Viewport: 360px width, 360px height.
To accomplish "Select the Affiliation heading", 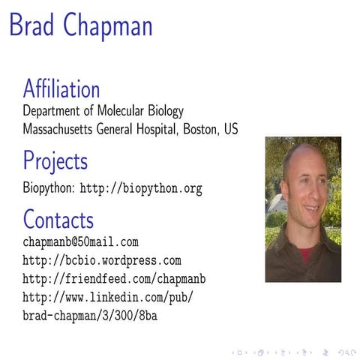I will tap(61, 89).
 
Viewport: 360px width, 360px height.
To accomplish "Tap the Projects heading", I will tap(55, 161).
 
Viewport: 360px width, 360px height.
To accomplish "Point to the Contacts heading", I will tap(58, 220).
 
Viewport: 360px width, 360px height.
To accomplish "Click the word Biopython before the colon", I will tap(49, 189).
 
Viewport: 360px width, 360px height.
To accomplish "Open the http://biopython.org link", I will tap(141, 189).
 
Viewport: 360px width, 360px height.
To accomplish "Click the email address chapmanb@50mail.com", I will tap(81, 242).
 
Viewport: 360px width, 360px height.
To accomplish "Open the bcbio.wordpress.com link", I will tap(102, 261).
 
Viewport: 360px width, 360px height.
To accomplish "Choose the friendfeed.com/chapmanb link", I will tap(114, 279).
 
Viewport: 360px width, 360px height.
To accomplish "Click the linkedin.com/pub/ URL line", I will tap(108, 297).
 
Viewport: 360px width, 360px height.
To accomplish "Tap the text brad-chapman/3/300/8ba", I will tap(90, 316).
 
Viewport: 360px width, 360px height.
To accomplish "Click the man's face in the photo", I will tap(304, 187).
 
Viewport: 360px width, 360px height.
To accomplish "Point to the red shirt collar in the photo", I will tap(305, 253).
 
